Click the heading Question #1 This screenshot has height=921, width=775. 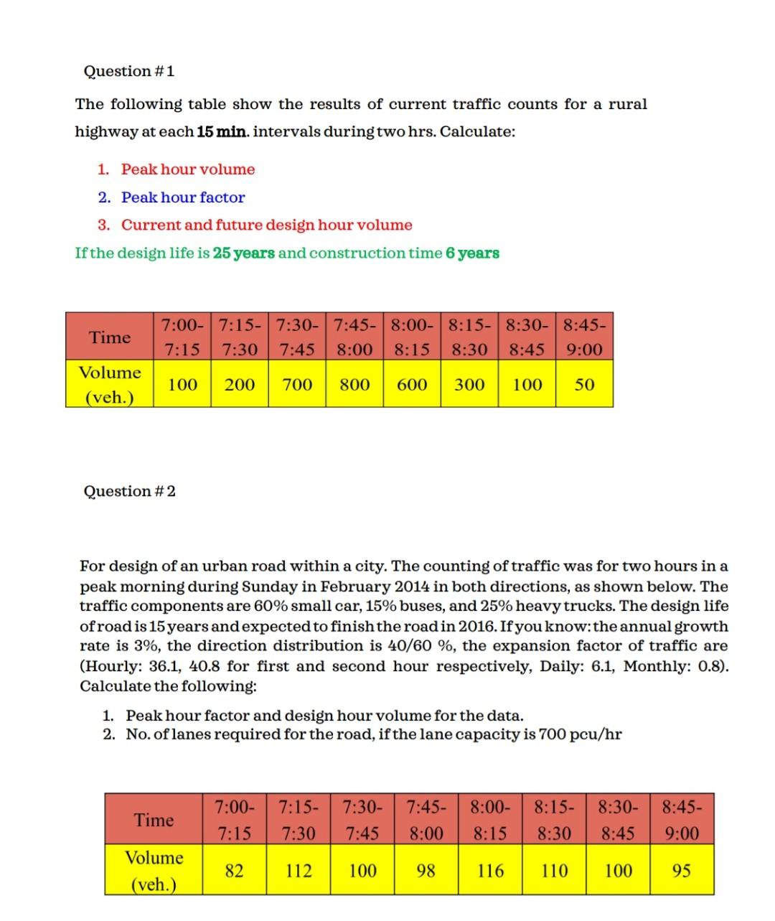point(129,71)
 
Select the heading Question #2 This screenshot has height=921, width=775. point(129,491)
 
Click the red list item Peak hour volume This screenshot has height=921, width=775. point(188,169)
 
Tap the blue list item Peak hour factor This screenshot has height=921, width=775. point(183,197)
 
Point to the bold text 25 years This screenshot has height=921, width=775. point(244,253)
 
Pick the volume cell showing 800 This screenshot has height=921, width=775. point(354,384)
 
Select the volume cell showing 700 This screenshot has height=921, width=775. point(297,384)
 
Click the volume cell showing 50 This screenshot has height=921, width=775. point(585,384)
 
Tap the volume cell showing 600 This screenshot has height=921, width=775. point(412,384)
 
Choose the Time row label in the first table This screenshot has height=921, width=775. point(110,337)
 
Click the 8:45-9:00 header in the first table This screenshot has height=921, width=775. point(585,337)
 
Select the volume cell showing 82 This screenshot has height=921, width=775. point(234,871)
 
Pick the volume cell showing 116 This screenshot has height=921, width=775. point(490,871)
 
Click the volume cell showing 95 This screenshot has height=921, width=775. point(682,871)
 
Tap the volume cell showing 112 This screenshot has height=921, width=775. point(299,871)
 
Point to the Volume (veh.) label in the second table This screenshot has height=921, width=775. point(154,870)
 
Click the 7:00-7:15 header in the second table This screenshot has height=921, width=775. point(234,820)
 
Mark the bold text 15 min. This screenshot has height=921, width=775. point(223,132)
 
